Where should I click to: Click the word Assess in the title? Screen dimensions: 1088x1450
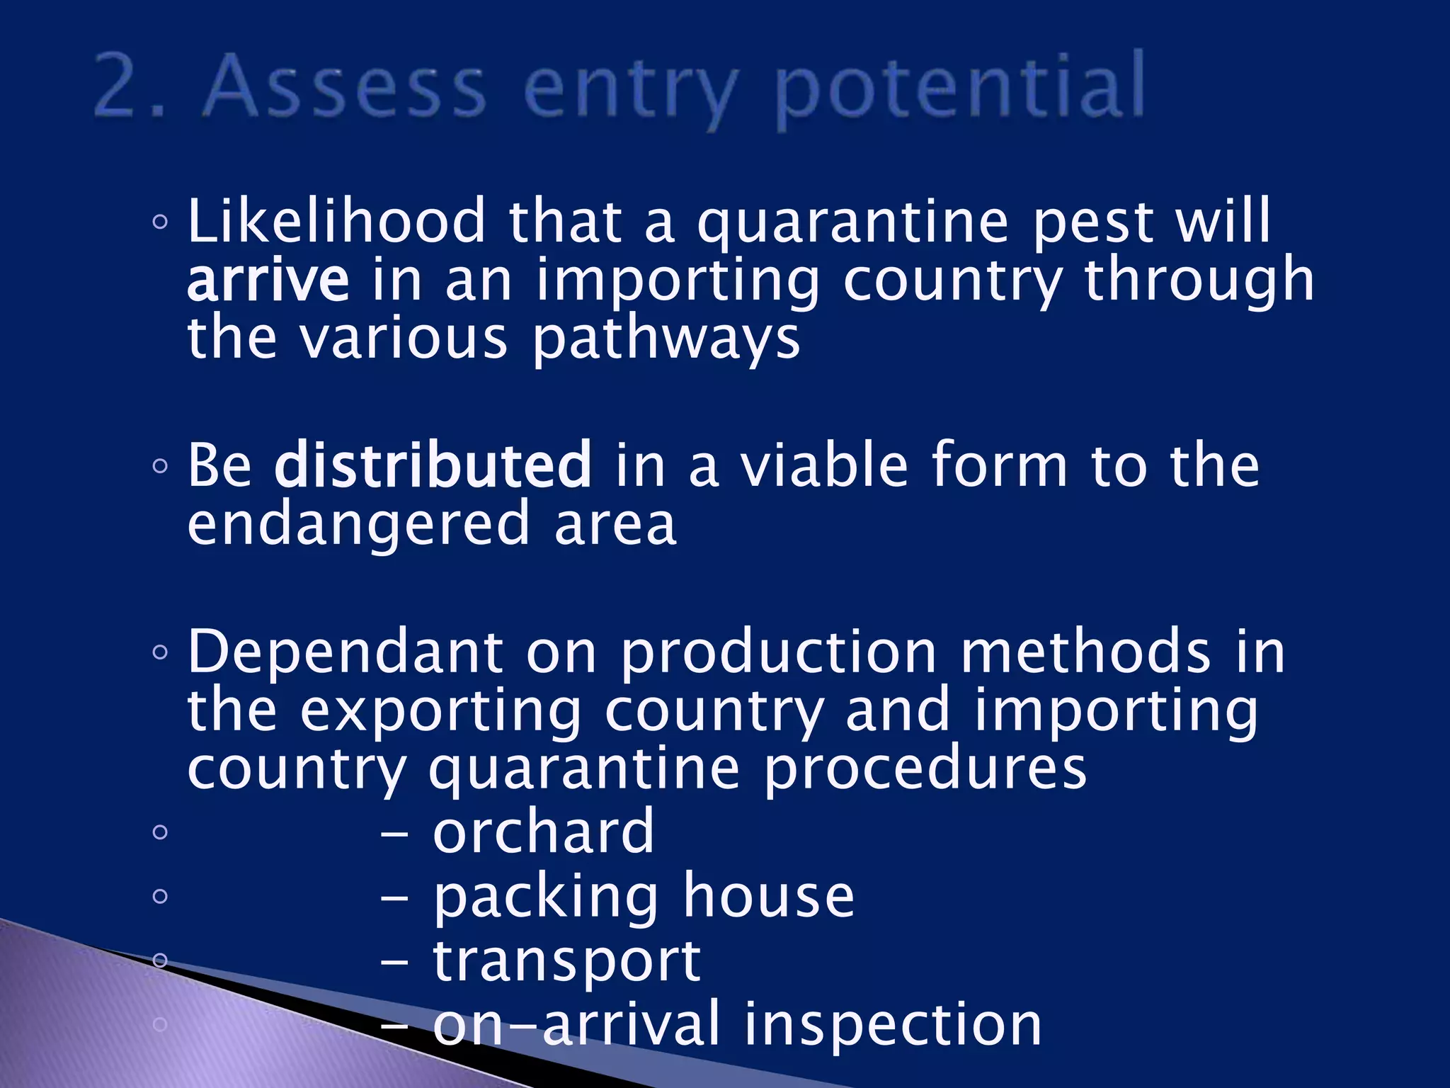point(345,86)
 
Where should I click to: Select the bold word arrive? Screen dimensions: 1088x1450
point(268,280)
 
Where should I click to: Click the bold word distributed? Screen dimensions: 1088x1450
point(433,465)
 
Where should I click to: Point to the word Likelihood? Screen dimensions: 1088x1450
point(337,222)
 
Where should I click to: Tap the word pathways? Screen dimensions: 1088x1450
point(666,340)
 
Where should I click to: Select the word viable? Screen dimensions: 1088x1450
point(824,465)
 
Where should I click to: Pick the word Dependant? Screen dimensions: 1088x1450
point(346,653)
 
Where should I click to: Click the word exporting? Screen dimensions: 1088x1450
point(440,713)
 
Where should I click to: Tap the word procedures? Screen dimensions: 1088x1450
point(925,769)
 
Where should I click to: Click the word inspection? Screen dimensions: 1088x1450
point(892,1024)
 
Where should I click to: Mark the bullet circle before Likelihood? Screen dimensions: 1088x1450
point(160,222)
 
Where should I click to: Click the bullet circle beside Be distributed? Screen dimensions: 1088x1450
point(160,465)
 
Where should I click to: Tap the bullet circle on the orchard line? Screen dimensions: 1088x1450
point(160,832)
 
